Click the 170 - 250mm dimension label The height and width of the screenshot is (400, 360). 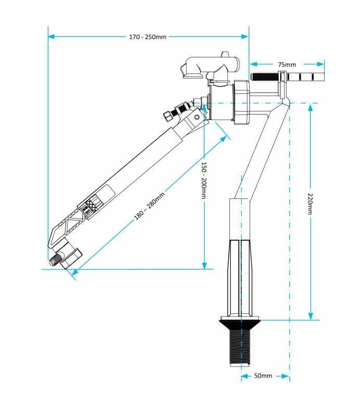pos(148,37)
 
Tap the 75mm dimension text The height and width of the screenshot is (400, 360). pos(287,64)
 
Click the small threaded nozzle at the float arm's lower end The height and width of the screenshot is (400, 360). pos(54,260)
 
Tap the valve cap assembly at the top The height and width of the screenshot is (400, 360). pos(208,66)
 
